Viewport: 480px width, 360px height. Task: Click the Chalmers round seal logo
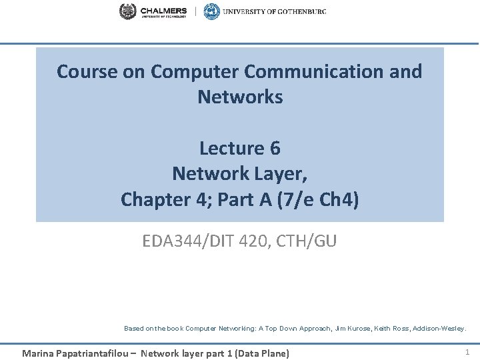[x=127, y=11]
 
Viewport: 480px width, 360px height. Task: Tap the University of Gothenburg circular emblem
[x=211, y=11]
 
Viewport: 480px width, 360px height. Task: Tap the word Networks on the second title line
[x=240, y=97]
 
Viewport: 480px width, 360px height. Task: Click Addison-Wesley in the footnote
[x=441, y=328]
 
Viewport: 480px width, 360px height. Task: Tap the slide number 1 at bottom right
[x=467, y=352]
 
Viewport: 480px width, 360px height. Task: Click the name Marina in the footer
[x=37, y=353]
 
